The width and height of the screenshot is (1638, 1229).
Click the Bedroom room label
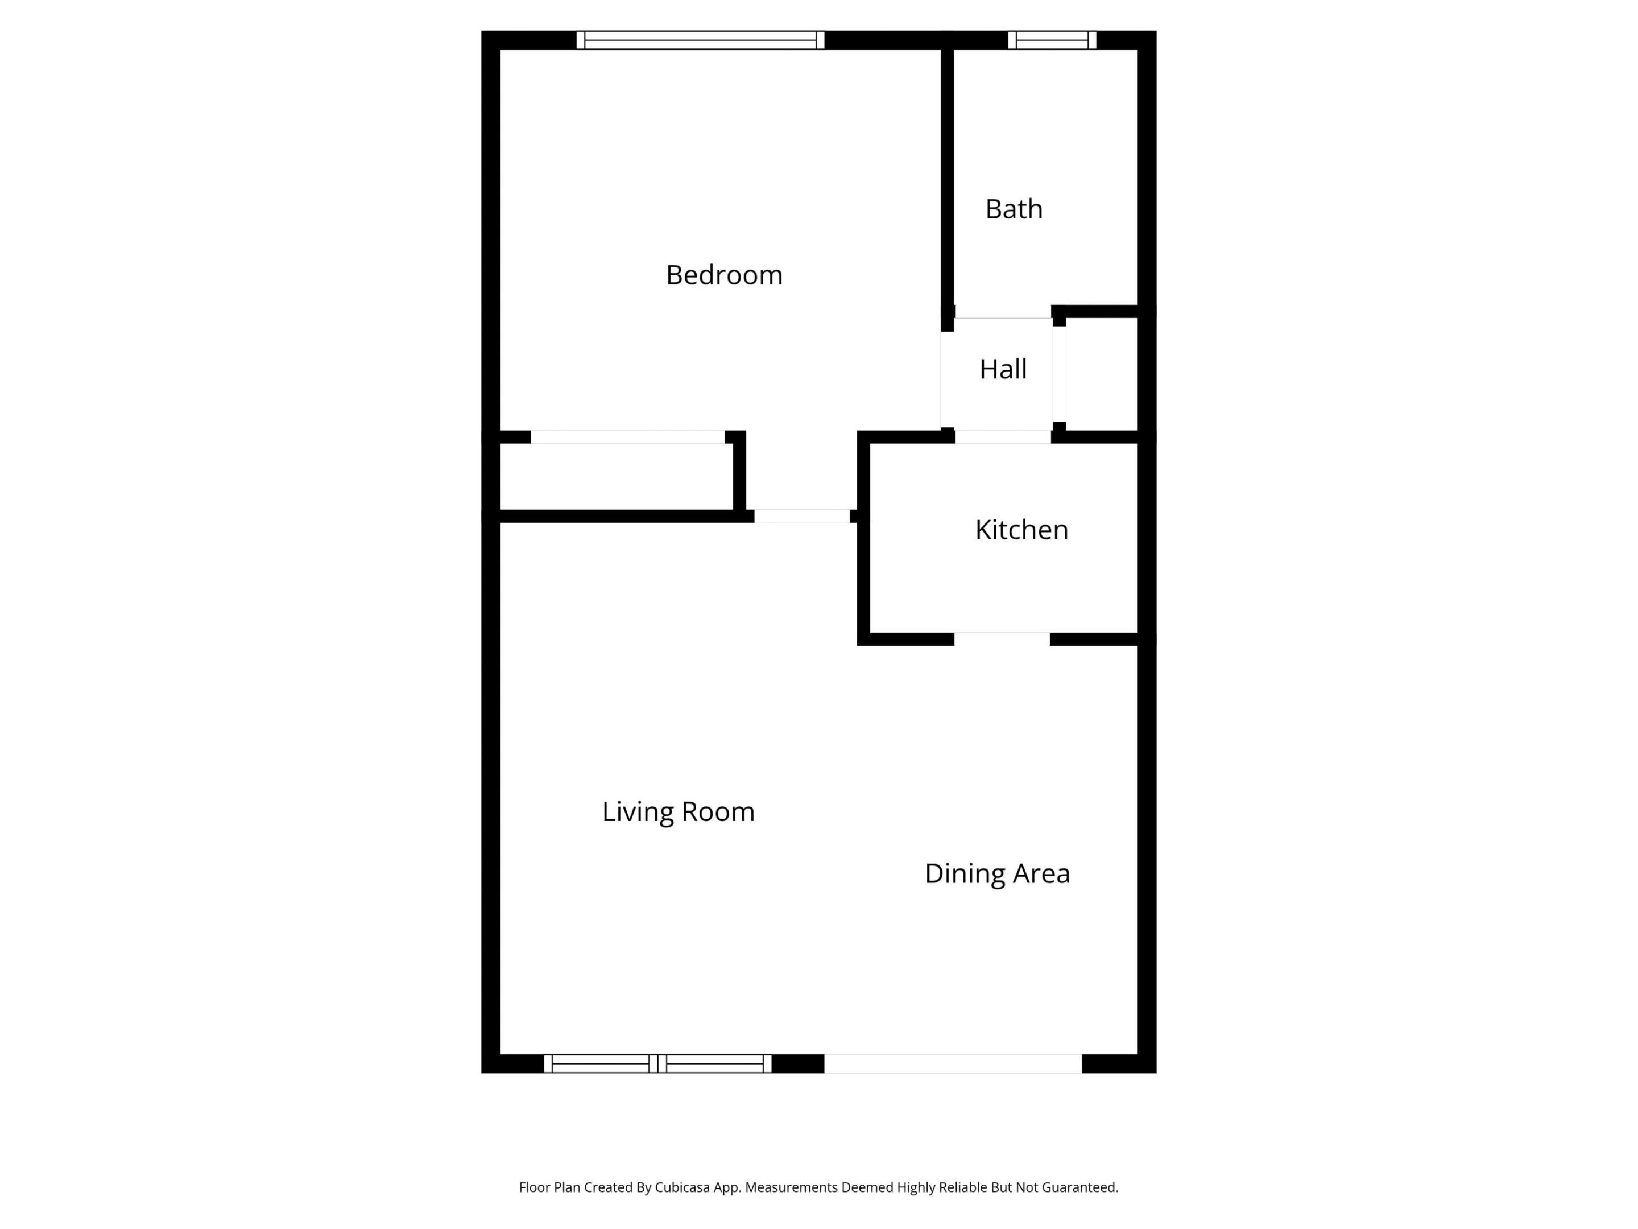(x=723, y=275)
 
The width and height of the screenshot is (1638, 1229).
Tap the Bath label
(x=1013, y=209)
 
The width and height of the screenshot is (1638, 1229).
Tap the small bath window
(x=1052, y=40)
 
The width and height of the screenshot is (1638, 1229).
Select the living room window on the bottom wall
(x=657, y=1064)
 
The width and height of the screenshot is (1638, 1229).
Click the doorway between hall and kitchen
(x=1003, y=437)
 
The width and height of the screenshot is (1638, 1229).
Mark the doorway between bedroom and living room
(x=801, y=516)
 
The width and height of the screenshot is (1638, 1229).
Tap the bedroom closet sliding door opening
(x=627, y=437)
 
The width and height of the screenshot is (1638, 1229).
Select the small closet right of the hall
(x=1101, y=374)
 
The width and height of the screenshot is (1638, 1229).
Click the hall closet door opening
(x=1059, y=374)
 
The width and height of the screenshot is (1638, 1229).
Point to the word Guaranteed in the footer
(x=1079, y=1187)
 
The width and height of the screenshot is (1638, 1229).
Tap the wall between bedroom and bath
(x=947, y=178)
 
